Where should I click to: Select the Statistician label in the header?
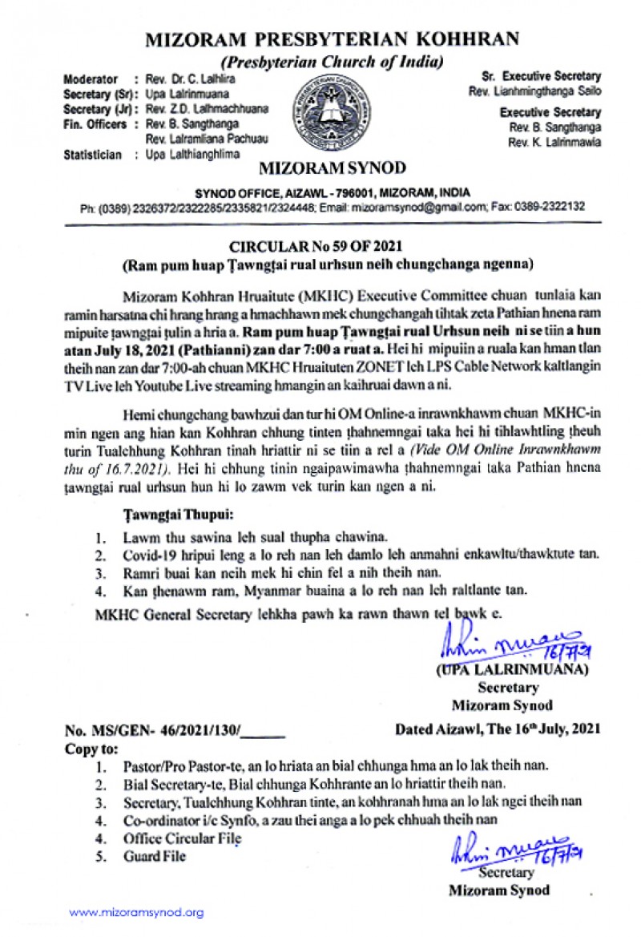[92, 155]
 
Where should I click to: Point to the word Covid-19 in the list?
[148, 555]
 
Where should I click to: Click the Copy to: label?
[90, 747]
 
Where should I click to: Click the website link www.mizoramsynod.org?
[136, 912]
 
